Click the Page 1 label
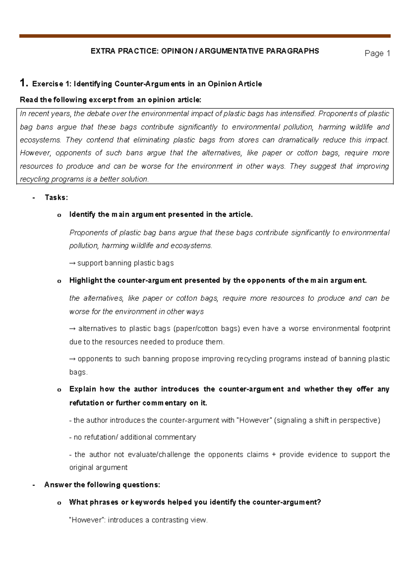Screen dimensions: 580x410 click(377, 53)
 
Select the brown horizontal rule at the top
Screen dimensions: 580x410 click(205, 36)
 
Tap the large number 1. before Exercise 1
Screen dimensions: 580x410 click(24, 83)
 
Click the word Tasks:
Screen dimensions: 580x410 click(56, 197)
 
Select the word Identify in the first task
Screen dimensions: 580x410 click(82, 214)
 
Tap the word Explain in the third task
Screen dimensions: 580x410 click(83, 389)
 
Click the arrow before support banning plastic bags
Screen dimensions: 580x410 click(72, 263)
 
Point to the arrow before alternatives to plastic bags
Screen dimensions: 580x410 click(72, 329)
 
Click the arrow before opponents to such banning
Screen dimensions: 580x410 click(72, 359)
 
